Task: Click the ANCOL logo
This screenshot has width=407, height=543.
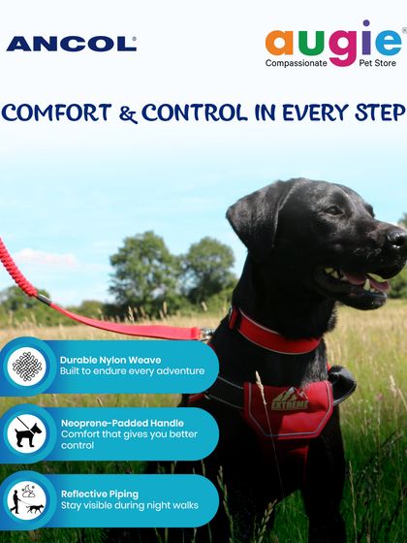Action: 71,44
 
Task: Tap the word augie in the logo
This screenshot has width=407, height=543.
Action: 331,42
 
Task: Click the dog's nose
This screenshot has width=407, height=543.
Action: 396,237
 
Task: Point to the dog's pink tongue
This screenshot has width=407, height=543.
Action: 376,283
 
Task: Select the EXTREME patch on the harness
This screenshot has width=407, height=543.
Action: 286,399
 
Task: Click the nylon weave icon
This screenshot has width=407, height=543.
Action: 26,366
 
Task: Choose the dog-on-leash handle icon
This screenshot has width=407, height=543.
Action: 26,433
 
